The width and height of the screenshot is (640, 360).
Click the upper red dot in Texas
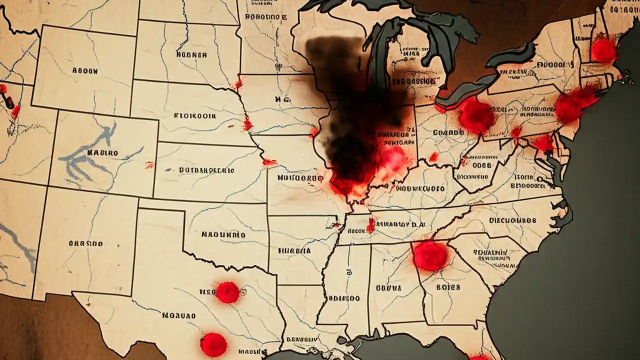(x=227, y=292)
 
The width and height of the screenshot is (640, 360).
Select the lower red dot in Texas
(x=213, y=344)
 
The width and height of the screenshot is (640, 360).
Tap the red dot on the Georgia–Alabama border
(x=430, y=255)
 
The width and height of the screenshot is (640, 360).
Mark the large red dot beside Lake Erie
(x=476, y=114)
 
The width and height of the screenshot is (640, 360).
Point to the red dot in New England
(x=603, y=50)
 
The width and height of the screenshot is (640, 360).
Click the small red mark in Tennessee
(x=370, y=225)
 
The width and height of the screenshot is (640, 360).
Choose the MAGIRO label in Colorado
(x=102, y=152)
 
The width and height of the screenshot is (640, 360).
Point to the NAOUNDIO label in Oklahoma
(x=223, y=234)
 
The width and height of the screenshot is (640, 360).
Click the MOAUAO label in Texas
(x=178, y=315)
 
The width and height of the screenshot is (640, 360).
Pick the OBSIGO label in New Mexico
(x=85, y=243)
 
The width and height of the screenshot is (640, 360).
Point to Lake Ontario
(x=510, y=55)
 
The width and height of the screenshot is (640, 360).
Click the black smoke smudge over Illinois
(x=350, y=115)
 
